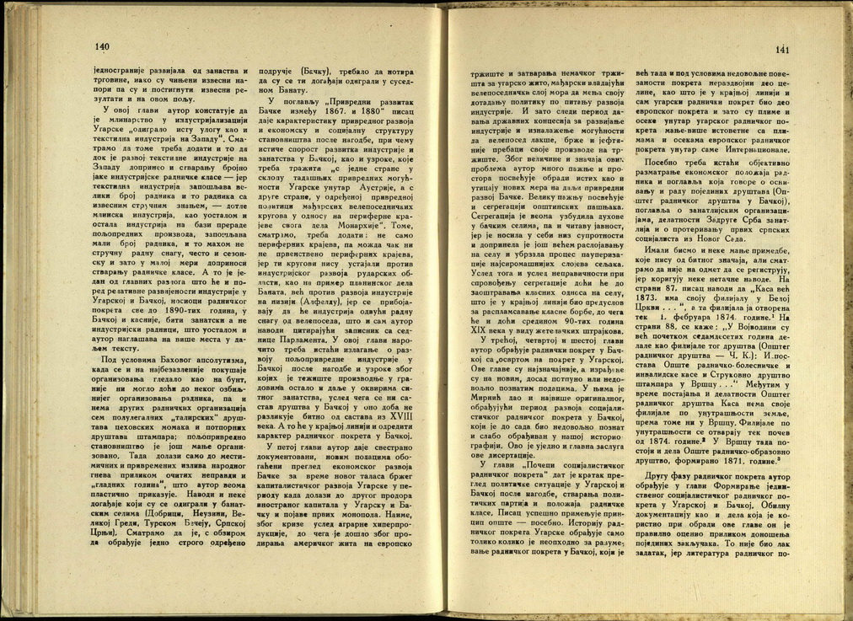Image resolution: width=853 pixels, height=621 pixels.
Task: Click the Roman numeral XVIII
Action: click(410, 426)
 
